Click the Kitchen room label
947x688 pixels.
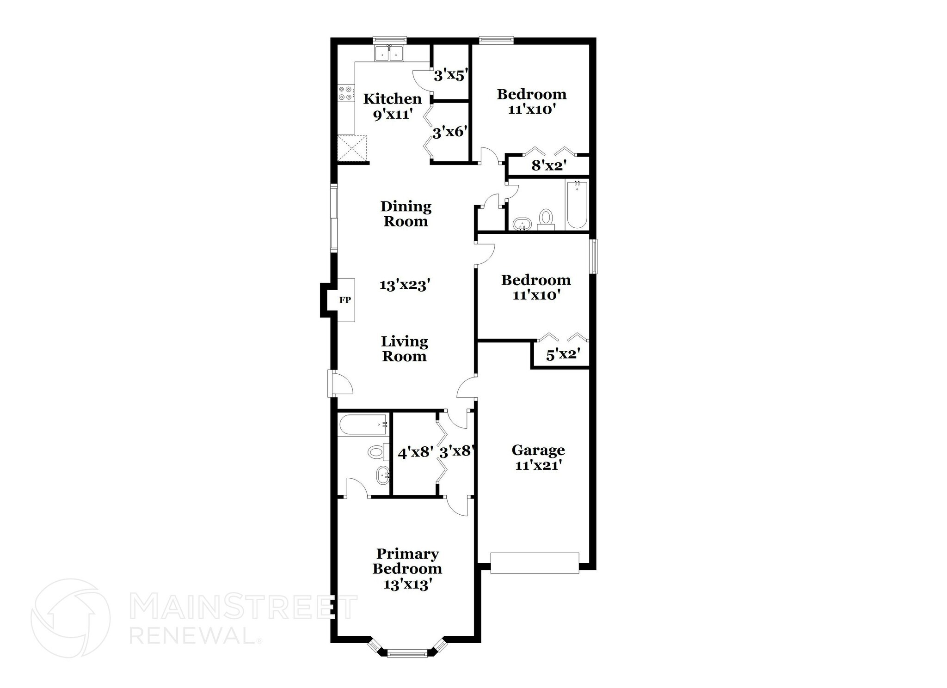coord(392,99)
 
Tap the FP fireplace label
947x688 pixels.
coord(345,300)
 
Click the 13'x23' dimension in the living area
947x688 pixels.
coord(405,285)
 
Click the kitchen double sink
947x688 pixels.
coord(389,54)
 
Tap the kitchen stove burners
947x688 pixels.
coord(344,93)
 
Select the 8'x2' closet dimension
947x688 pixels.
coord(549,166)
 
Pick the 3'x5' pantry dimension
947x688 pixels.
coord(449,75)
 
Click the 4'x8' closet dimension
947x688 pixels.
coord(415,452)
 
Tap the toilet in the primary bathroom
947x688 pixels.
coord(375,451)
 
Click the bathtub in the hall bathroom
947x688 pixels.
coord(577,205)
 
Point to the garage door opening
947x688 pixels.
coord(535,563)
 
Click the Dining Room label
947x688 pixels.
coord(406,213)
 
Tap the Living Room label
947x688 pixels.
coord(405,349)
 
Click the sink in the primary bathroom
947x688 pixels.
coord(382,475)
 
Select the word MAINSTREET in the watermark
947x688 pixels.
coord(243,607)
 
